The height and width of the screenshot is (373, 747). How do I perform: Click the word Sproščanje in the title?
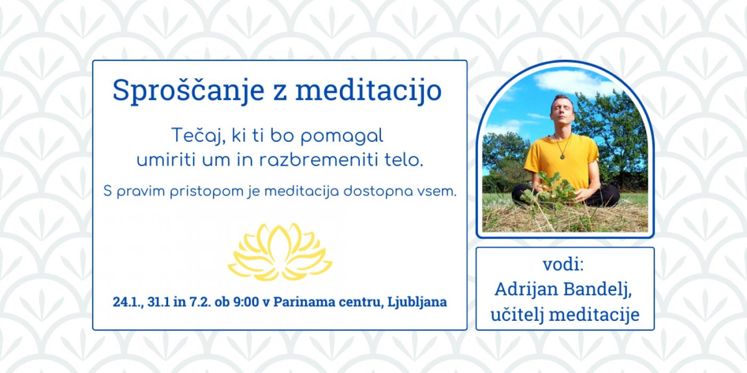pos(188,91)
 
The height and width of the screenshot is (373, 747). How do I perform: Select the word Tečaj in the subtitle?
pos(198,136)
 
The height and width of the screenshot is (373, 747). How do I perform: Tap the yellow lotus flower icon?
pos(280,252)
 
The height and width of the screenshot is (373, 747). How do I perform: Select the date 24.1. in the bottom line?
pos(128,302)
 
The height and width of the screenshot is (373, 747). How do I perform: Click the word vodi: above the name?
pos(563,264)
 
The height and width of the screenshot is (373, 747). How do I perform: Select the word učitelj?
pos(517,314)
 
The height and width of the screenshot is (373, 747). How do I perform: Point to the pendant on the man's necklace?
pos(562,156)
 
